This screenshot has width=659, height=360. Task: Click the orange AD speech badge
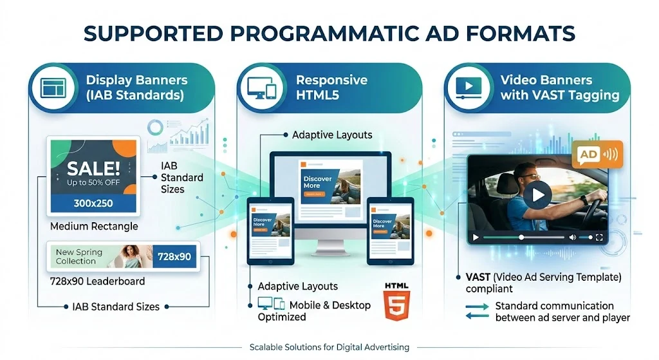(x=597, y=155)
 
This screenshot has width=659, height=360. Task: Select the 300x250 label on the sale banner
(x=93, y=202)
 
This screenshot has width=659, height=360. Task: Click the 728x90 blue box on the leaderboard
(x=174, y=256)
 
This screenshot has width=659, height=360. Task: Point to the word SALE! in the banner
(x=93, y=169)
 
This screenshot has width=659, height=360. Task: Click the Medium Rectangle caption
(x=94, y=227)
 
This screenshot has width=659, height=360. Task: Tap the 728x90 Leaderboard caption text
(x=97, y=281)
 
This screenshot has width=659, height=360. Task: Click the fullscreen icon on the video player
(x=599, y=238)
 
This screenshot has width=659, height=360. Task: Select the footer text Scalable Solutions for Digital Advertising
(x=329, y=347)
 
